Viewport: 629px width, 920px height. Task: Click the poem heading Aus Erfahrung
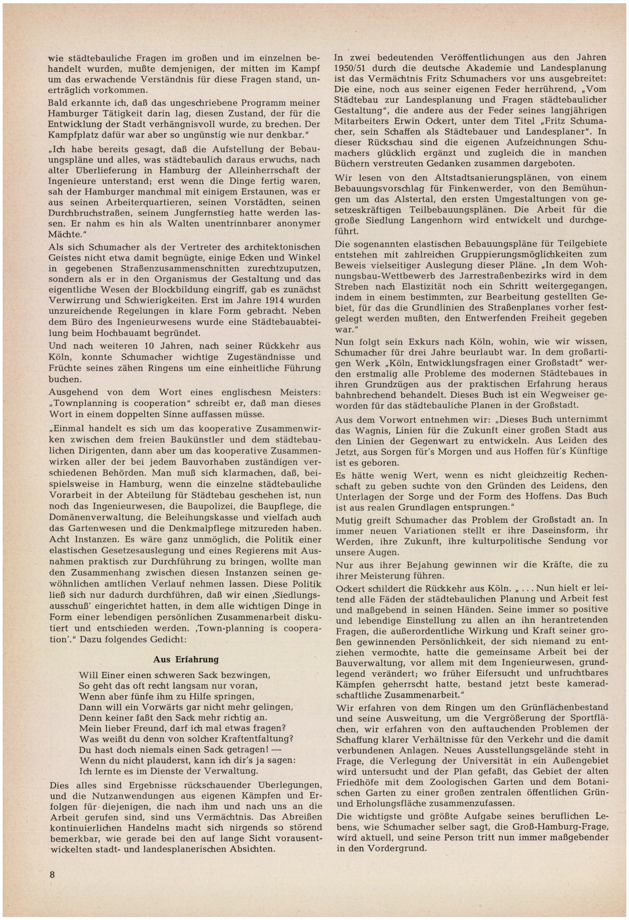(186, 659)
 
